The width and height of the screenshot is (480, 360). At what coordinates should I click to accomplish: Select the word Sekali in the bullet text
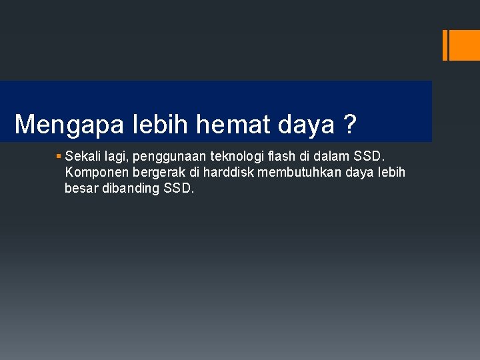coord(81,157)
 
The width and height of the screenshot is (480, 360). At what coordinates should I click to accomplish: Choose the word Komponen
coord(93,173)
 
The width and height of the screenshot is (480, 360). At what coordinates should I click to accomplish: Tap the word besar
coord(80,189)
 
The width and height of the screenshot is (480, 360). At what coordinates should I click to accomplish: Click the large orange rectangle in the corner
coord(465,45)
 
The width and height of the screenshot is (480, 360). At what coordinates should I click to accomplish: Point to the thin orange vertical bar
coord(445,45)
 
